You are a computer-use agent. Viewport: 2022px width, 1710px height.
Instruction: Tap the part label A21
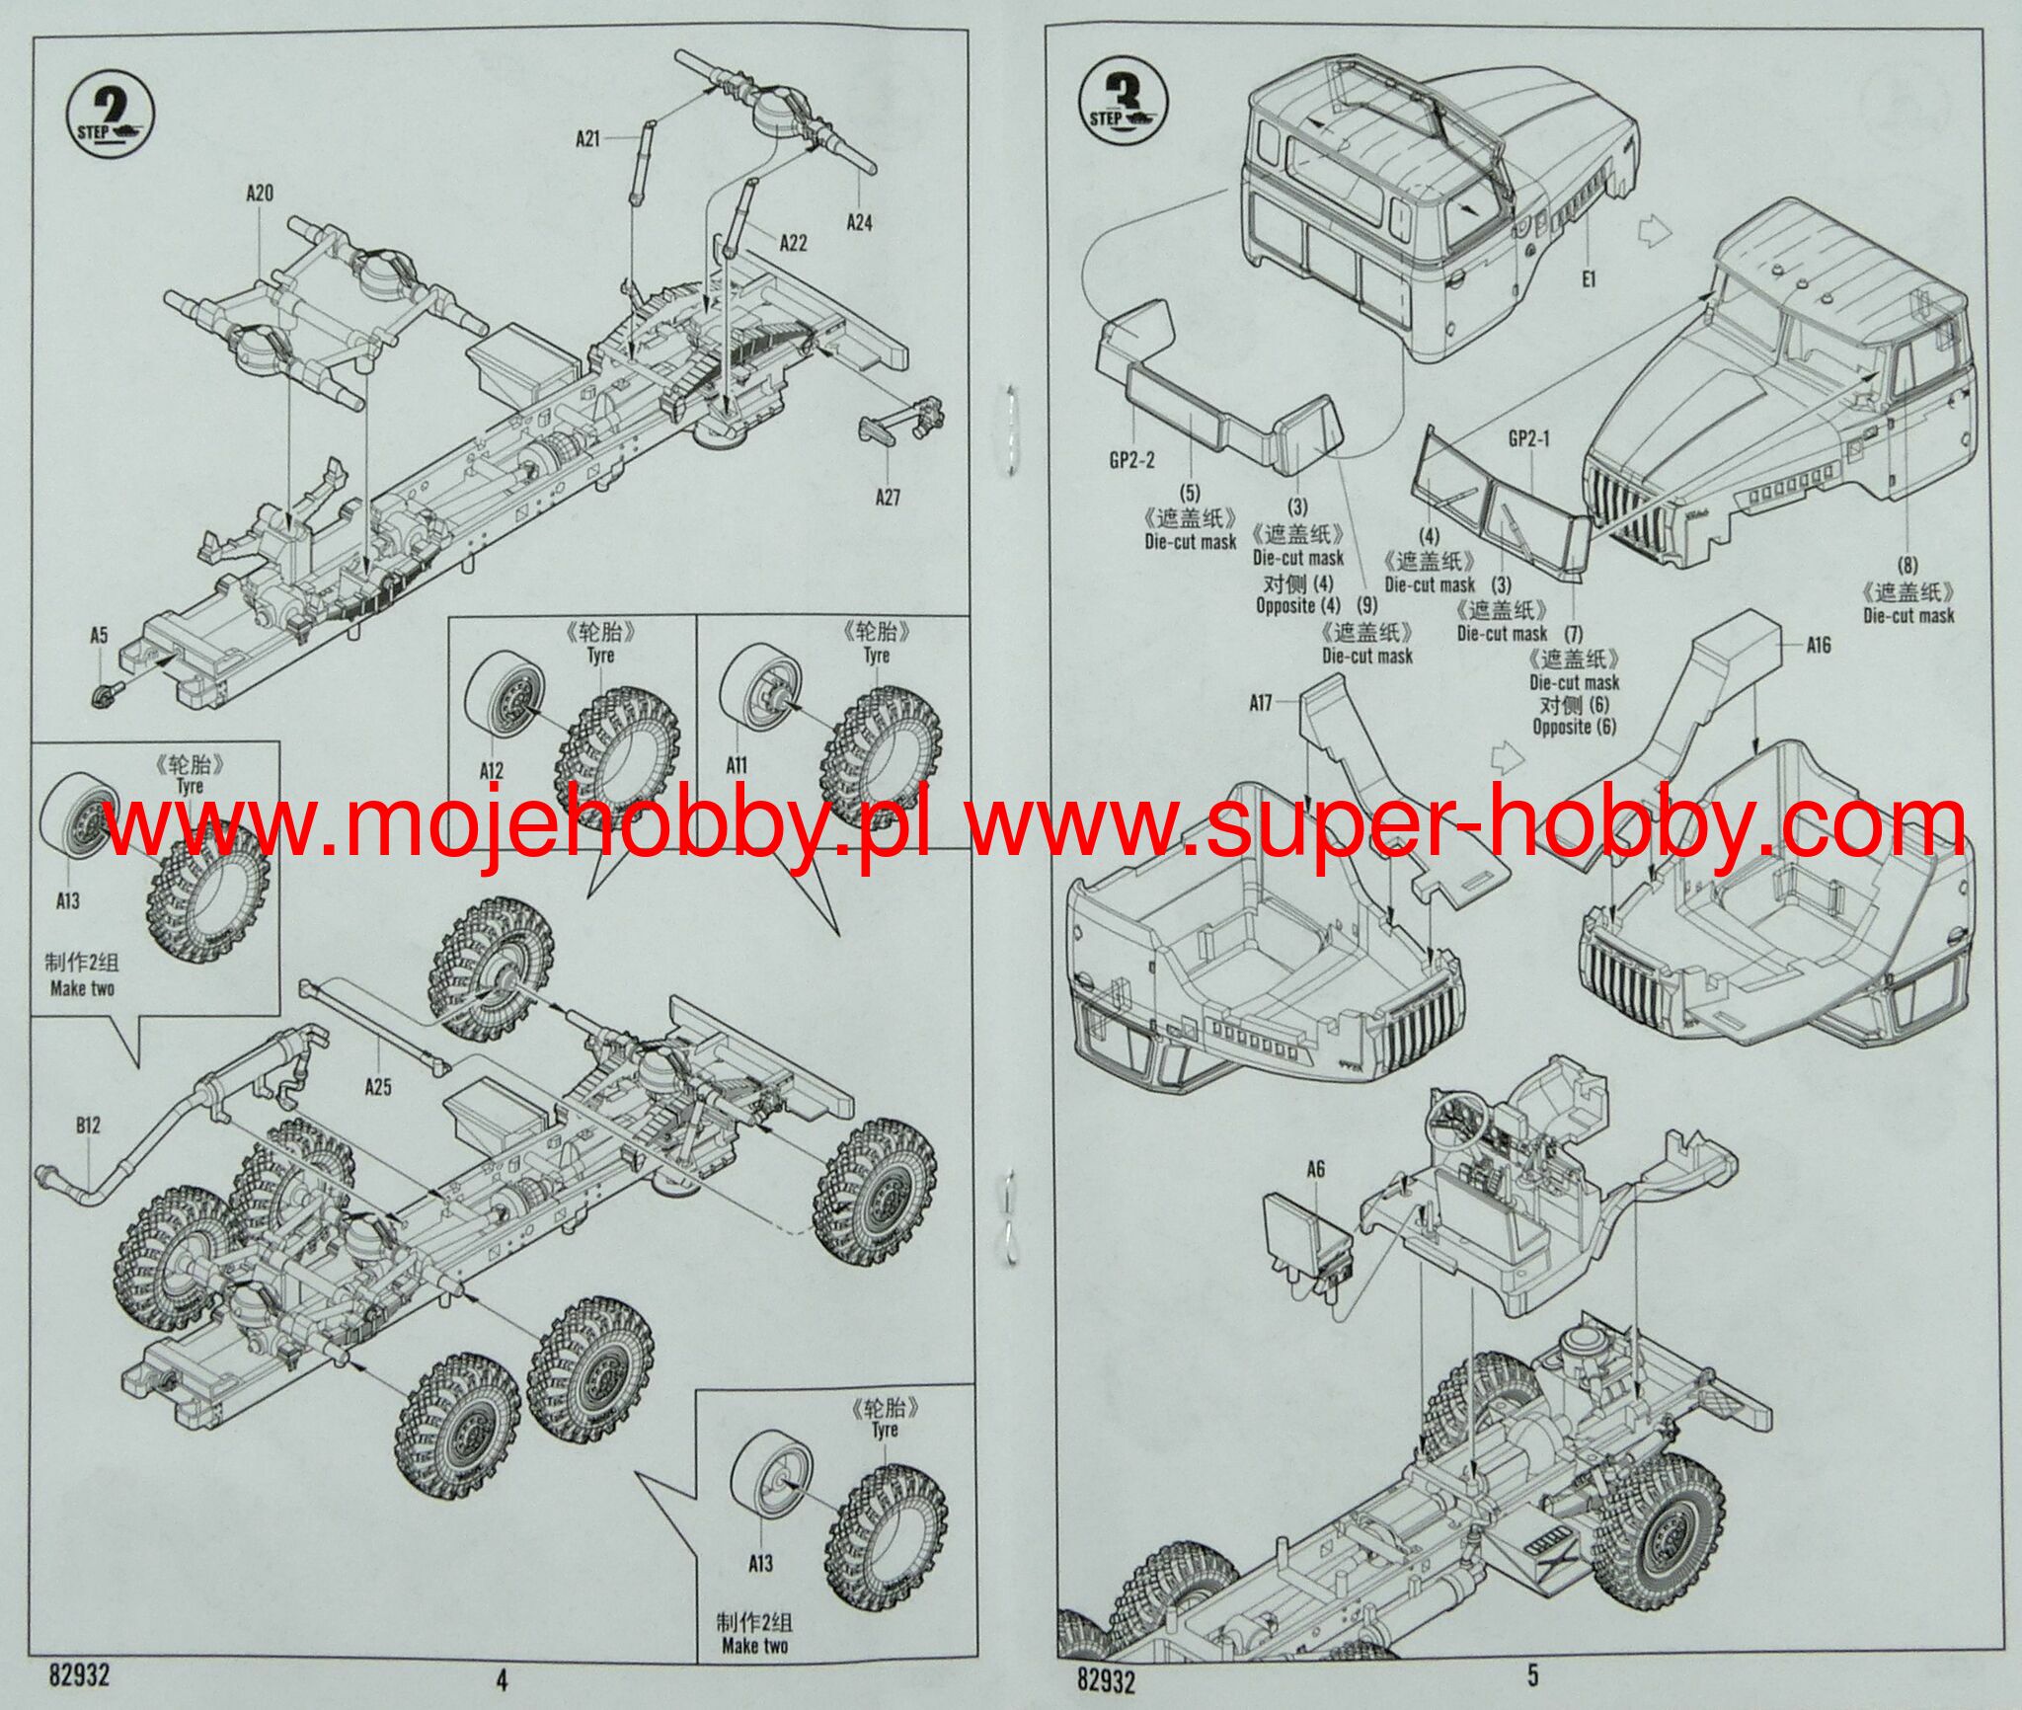pos(587,139)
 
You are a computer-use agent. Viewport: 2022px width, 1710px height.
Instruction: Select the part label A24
pos(859,223)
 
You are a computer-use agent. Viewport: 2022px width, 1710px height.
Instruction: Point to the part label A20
pos(260,194)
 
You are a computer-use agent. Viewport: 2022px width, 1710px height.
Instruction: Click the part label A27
pos(888,498)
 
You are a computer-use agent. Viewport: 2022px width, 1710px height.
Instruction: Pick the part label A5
pos(99,636)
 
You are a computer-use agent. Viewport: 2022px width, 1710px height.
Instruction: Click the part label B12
pos(88,1126)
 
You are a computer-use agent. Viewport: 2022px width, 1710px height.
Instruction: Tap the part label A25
pos(378,1087)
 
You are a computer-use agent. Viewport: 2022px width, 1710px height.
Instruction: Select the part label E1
pos(1588,279)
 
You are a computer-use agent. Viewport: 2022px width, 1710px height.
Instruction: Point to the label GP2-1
pos(1528,439)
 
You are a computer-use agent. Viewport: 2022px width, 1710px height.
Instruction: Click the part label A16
pos(1818,646)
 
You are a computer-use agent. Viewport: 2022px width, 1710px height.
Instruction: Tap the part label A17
pos(1260,704)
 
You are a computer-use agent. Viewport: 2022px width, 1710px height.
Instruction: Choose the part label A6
pos(1315,1170)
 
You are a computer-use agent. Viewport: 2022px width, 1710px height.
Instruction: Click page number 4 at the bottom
pos(501,1678)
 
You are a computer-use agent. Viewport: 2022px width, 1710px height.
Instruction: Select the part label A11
pos(737,765)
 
